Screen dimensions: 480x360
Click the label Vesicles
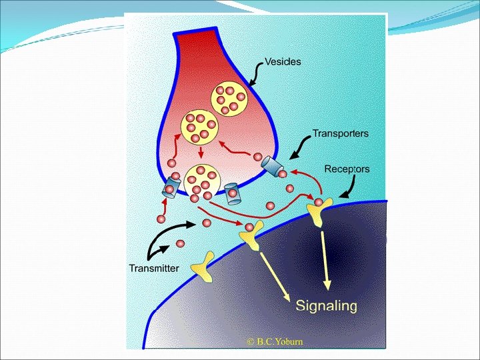(x=283, y=62)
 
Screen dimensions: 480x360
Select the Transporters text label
(x=340, y=133)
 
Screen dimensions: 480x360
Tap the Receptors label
(x=347, y=169)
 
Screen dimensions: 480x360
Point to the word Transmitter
(x=153, y=268)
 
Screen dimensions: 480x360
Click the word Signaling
(x=327, y=306)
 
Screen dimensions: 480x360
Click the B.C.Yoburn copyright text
(x=275, y=341)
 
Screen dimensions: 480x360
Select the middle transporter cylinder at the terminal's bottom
(x=233, y=193)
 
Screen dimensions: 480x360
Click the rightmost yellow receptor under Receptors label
(x=319, y=213)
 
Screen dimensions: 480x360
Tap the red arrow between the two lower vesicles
(x=201, y=153)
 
